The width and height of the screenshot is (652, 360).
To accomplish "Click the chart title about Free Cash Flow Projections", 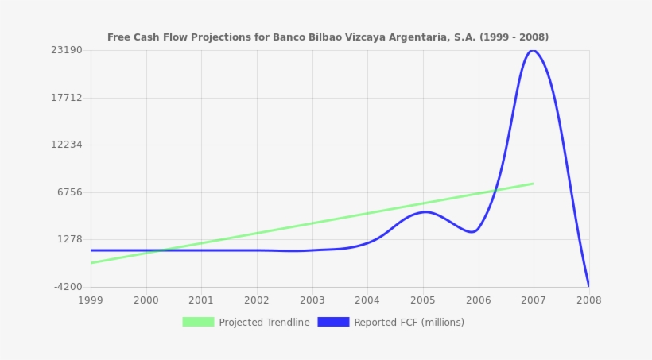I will (328, 37).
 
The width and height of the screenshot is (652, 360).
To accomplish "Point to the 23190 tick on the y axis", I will (67, 50).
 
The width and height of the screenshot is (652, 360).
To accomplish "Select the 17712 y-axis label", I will (67, 98).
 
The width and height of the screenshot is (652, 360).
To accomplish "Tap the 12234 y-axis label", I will (67, 145).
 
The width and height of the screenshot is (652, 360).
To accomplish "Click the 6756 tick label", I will (69, 192).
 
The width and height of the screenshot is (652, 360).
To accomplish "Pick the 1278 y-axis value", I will (69, 239).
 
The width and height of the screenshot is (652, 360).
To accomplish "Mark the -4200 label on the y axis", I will (67, 287).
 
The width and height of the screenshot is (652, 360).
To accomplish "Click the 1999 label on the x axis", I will (91, 300).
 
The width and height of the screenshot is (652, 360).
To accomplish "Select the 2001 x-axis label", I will (201, 300).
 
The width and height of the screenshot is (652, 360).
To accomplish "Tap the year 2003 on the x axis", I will (312, 300).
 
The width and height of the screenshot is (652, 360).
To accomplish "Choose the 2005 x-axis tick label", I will (422, 300).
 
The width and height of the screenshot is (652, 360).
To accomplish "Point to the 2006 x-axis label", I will (478, 300).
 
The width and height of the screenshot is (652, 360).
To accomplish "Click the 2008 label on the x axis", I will (588, 300).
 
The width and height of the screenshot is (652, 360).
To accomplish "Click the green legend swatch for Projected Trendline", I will (198, 322).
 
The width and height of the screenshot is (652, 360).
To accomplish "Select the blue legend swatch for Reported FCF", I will (333, 322).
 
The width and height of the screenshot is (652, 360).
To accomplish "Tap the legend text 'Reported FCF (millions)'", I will (409, 323).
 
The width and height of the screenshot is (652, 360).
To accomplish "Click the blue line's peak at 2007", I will (533, 50).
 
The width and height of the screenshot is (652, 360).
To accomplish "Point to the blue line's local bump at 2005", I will (424, 211).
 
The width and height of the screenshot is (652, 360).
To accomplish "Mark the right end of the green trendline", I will (533, 184).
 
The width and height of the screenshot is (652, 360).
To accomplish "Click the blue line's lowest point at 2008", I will (588, 285).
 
